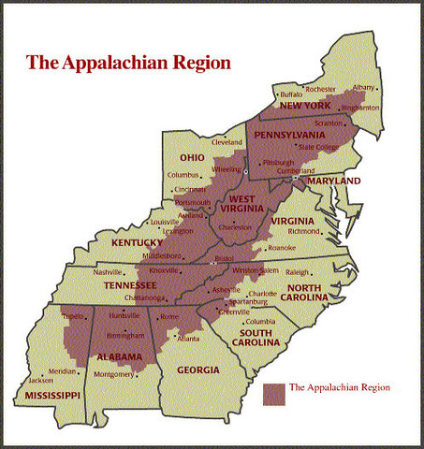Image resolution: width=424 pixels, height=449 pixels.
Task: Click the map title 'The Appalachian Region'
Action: coord(128,64)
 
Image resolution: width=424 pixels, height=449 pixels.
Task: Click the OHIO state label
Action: coord(193,157)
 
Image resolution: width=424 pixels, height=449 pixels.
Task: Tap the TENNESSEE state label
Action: coord(130,284)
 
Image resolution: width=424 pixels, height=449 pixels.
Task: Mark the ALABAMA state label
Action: coord(117,357)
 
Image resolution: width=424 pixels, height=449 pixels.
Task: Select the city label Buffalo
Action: coord(292,94)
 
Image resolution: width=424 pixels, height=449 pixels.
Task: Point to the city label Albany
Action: coord(364,87)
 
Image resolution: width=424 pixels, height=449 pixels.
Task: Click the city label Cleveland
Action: coord(227,142)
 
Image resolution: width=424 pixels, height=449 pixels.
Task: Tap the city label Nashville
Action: coord(109,272)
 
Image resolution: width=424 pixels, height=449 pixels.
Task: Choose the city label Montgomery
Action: coord(114,374)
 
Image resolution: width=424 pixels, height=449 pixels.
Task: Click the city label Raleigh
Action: coord(323,273)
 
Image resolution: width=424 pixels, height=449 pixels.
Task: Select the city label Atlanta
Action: coord(188,338)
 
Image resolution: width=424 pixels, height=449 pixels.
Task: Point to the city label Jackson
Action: coord(40,381)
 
